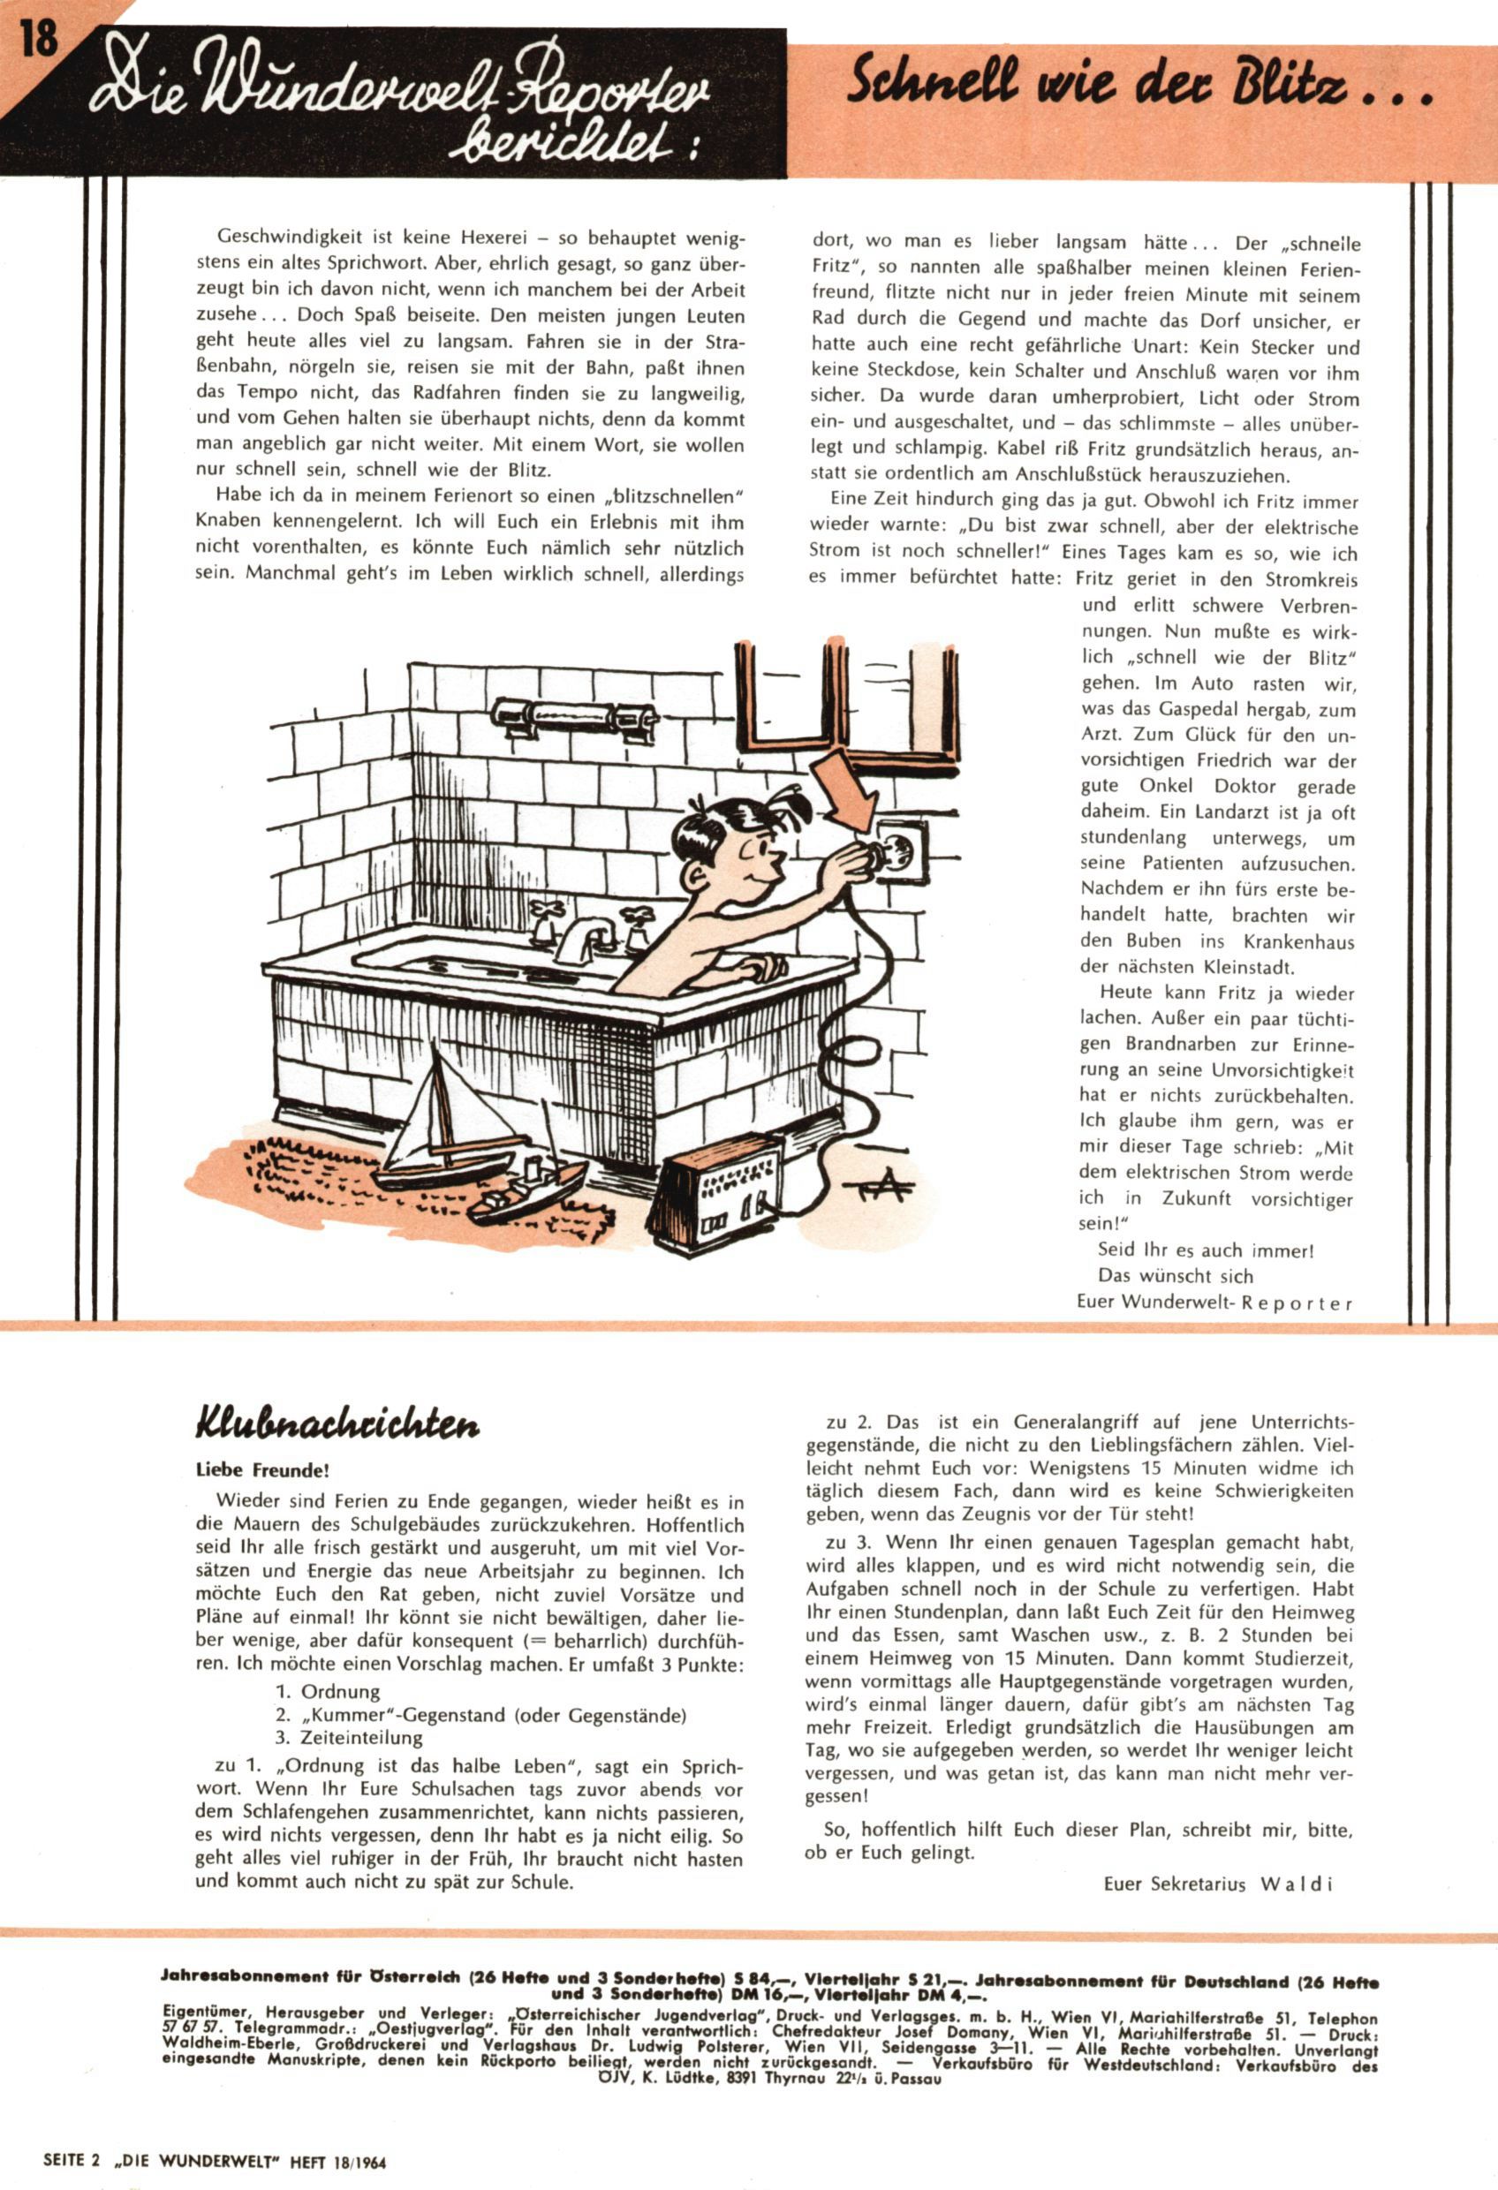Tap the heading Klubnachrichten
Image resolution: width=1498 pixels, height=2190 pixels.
click(x=337, y=1423)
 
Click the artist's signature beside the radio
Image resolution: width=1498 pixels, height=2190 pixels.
click(x=885, y=1189)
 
